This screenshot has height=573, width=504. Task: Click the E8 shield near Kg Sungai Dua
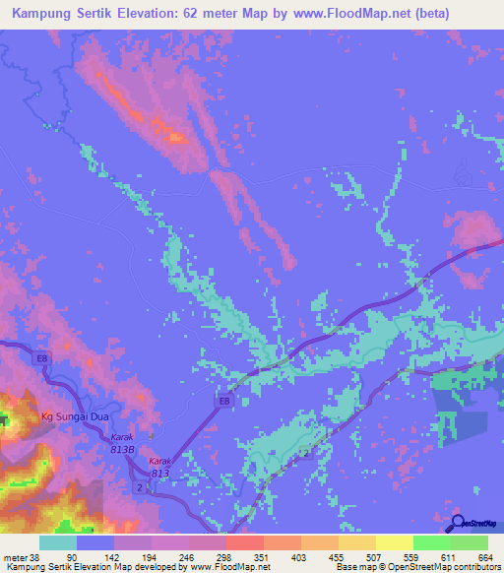coord(42,360)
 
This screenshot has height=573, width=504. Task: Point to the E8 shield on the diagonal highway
coord(224,400)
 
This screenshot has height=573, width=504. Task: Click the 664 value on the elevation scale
coord(485,557)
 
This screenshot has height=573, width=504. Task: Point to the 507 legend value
coord(374,557)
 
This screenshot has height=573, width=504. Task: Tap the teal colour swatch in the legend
coord(57,542)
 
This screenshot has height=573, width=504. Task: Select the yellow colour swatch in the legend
coord(394,542)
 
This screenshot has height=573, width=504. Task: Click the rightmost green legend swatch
coord(470,542)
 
